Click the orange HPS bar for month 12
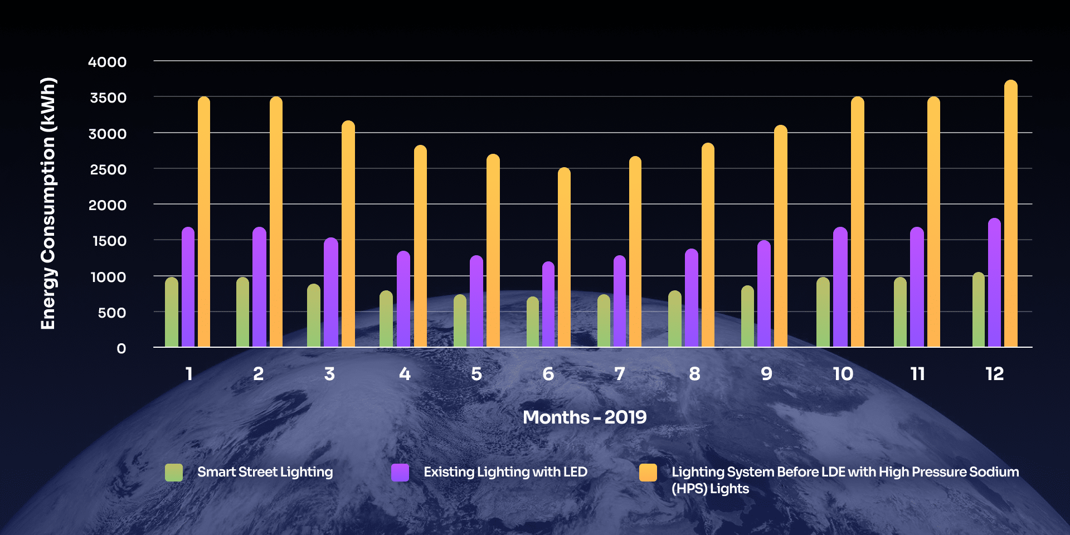click(x=1011, y=215)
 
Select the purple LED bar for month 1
click(x=188, y=287)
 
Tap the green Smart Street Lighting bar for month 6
click(x=533, y=322)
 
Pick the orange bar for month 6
click(x=564, y=257)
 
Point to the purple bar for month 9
click(x=764, y=294)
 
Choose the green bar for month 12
click(x=979, y=310)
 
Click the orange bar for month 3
click(x=348, y=234)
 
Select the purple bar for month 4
click(x=403, y=299)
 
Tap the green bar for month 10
click(x=823, y=312)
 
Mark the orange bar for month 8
click(x=708, y=245)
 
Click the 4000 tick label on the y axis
click(x=108, y=62)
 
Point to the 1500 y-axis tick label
click(x=109, y=241)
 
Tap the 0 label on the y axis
click(x=121, y=348)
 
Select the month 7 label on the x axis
click(x=619, y=373)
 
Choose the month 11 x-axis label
click(x=917, y=373)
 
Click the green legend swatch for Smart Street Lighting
click(x=174, y=473)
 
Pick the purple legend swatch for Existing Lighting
click(x=400, y=473)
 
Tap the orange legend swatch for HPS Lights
click(x=648, y=473)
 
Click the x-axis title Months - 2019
click(x=585, y=417)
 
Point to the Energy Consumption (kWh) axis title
click(x=48, y=203)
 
